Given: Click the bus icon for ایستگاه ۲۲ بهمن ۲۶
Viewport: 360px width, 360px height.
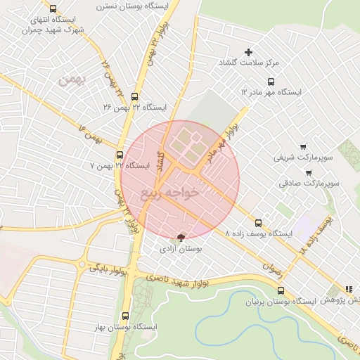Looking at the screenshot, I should pos(135,97).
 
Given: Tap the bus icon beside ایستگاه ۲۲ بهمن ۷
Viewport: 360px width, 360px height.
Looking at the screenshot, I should pos(120,155).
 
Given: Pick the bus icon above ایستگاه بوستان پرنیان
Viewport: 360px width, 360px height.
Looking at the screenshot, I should pos(281,290).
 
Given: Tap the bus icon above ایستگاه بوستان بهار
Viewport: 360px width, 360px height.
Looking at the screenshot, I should pos(126,316).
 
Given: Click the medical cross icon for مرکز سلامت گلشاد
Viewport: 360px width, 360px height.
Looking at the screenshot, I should pos(247,52).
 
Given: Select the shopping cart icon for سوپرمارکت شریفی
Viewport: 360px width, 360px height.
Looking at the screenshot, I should pos(303,147).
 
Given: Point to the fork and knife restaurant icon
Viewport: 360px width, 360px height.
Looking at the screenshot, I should pos(348,289).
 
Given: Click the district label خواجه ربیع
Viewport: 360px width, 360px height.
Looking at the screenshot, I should pos(170,192).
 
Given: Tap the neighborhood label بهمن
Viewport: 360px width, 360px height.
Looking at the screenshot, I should pos(70,80).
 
